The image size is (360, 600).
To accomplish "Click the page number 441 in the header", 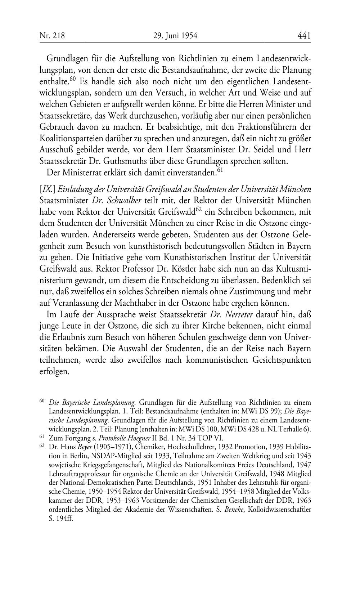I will tap(304, 36).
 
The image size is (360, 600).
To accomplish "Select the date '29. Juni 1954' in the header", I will tap(175, 36).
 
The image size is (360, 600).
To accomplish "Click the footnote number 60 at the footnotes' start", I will tap(41, 401).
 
